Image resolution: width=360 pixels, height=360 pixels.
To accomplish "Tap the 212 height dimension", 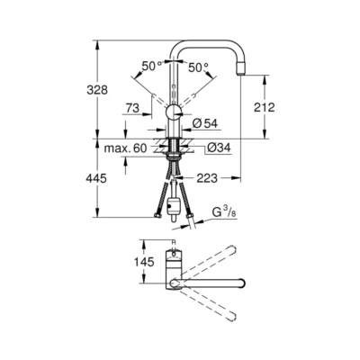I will point(265,108).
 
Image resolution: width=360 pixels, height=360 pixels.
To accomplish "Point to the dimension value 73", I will point(130,107).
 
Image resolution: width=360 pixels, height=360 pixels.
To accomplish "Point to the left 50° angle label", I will point(150,65).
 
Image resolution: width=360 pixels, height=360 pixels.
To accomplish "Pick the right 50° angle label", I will point(198,65).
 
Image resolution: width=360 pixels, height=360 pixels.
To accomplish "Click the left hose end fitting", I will point(158,216).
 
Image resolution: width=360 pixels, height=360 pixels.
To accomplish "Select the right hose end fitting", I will point(192,216).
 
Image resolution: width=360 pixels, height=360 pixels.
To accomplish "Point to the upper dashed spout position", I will point(211,255).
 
